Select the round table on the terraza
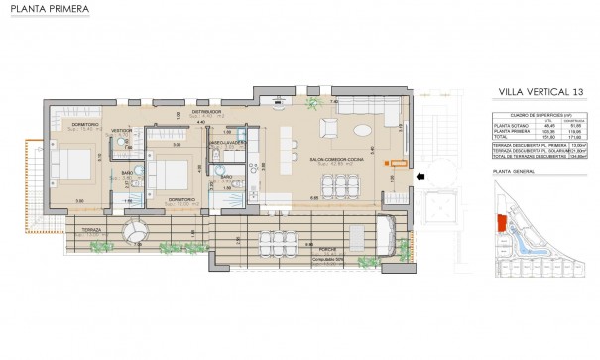(x=134, y=231)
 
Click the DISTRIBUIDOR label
(x=205, y=112)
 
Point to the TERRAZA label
(x=85, y=228)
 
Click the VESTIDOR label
(x=123, y=130)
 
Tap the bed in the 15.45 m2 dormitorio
(x=70, y=164)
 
